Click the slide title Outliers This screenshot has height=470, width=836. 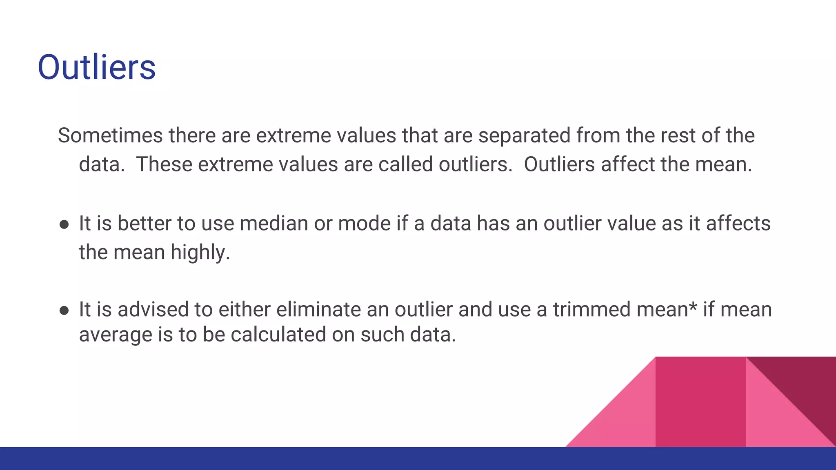(x=96, y=67)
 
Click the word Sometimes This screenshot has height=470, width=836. (x=110, y=135)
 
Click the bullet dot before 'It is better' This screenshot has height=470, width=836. (x=64, y=225)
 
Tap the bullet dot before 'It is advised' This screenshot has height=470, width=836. (x=64, y=311)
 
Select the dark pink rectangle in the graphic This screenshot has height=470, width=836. (x=700, y=402)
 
